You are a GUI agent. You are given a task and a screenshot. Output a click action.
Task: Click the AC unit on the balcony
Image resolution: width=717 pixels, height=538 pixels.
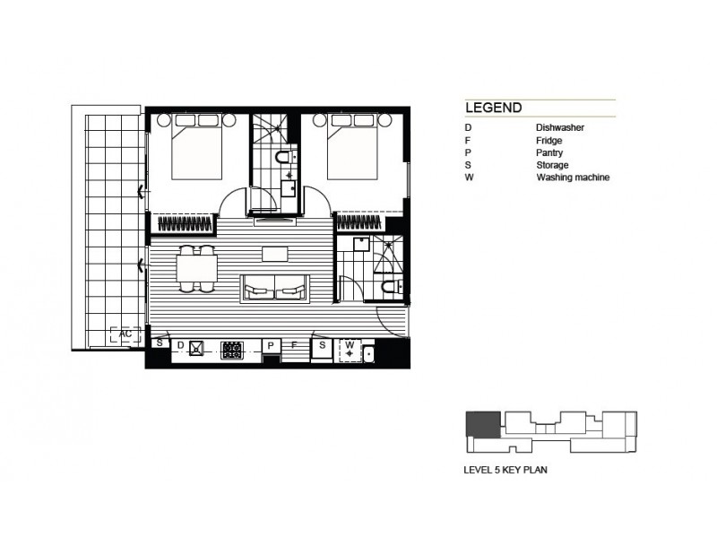[125, 334]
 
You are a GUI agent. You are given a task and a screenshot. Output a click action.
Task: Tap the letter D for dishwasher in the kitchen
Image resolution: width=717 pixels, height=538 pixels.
[180, 344]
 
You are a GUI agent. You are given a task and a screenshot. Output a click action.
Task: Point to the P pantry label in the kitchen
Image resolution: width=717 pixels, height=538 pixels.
[269, 344]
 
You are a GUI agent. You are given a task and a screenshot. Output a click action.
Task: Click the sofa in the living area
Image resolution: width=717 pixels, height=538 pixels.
[275, 289]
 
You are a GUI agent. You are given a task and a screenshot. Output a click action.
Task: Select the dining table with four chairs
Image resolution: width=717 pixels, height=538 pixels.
[196, 268]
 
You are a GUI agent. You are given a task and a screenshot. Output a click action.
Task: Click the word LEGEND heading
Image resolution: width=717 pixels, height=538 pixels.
[494, 108]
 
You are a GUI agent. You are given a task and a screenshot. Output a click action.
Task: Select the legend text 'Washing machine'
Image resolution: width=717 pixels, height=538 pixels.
[572, 178]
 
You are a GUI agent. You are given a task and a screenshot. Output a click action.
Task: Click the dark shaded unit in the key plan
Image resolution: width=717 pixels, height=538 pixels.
[482, 425]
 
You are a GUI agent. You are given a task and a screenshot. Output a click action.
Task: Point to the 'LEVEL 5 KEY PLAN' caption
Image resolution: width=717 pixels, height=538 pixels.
[506, 467]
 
